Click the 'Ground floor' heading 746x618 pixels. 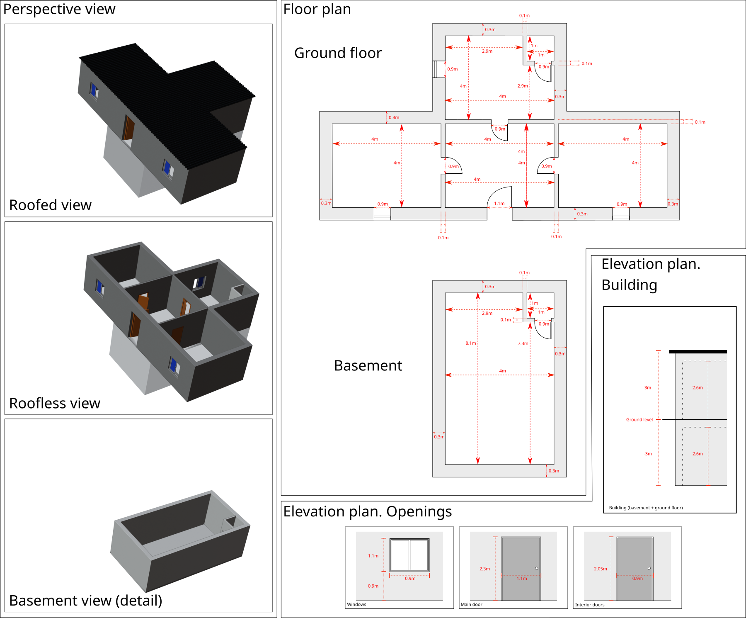338,53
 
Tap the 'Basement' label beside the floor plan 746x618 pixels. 368,365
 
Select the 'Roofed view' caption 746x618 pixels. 50,205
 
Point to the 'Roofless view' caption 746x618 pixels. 55,403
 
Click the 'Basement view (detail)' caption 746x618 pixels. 85,601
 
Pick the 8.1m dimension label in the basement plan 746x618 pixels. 470,343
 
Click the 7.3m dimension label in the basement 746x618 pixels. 523,343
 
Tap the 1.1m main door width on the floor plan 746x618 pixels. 499,204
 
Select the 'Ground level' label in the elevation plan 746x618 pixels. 639,420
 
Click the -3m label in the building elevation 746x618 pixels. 647,454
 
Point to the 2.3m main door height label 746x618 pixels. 484,569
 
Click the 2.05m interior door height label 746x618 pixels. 600,569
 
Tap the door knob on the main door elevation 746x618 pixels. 537,568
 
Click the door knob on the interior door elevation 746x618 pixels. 649,568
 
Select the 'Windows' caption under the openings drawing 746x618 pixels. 356,604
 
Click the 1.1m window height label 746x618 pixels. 373,556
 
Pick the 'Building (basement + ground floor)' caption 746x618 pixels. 646,508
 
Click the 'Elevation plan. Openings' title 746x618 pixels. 367,511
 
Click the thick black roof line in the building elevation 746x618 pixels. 698,352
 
